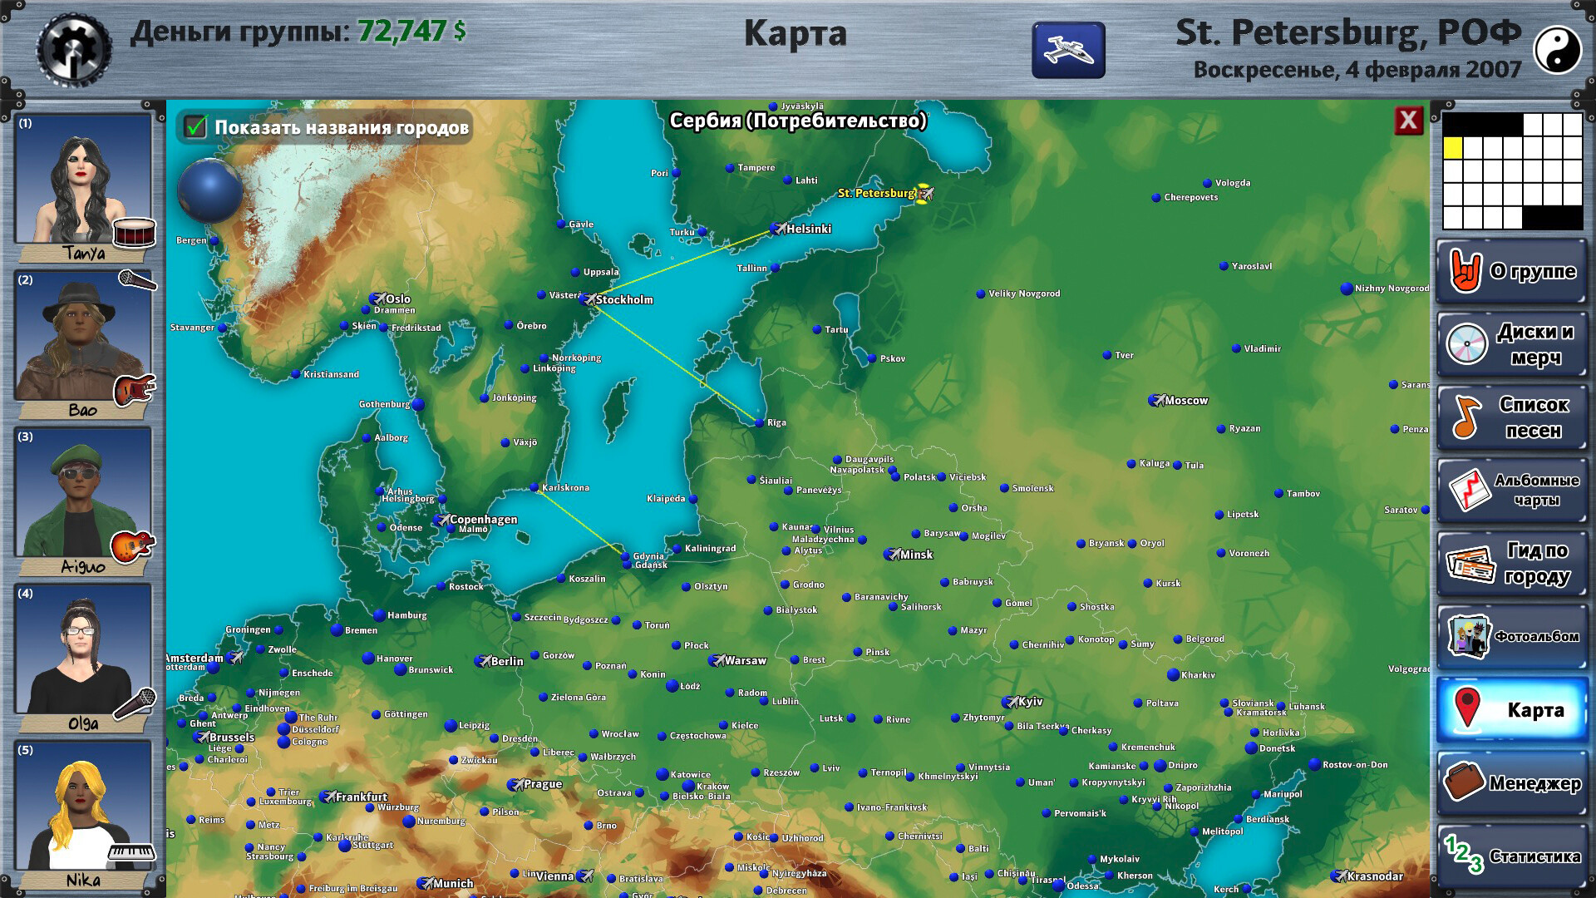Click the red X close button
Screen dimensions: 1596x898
[1408, 121]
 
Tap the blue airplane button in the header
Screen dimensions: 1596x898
[1068, 50]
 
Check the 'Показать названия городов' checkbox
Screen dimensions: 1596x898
[196, 127]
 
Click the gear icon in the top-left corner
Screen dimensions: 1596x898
[74, 50]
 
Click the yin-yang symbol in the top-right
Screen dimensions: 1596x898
[1556, 50]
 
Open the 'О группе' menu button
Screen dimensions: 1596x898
[1512, 271]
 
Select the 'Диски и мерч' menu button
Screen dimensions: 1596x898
[1512, 344]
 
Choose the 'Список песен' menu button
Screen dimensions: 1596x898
[1512, 417]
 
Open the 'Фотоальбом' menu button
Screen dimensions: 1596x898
[1512, 637]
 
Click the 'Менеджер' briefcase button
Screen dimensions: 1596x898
[1512, 783]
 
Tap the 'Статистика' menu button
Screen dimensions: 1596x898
[1512, 856]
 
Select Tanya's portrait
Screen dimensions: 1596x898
[83, 179]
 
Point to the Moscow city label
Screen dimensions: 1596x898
[1185, 401]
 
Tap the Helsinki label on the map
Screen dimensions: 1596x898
[808, 229]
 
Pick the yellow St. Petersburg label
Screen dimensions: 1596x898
[876, 194]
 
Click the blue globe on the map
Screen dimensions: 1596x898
[209, 191]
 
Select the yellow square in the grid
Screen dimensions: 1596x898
[1452, 148]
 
